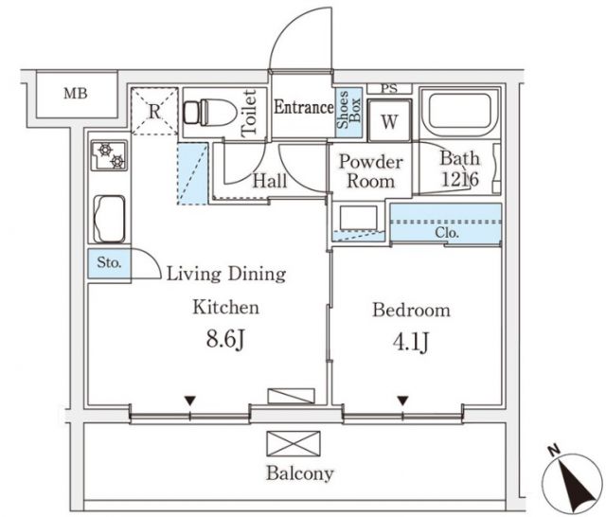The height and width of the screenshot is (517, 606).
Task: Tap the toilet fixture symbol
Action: click(207, 113)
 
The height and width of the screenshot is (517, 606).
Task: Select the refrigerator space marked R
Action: click(153, 111)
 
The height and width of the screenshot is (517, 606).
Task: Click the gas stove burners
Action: click(107, 154)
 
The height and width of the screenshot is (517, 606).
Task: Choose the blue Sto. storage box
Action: click(108, 264)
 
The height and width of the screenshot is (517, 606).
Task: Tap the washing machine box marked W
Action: click(388, 122)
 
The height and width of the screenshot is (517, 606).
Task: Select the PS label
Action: click(388, 89)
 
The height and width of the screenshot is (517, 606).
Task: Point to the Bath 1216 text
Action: click(459, 169)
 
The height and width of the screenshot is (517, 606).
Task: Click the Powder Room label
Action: click(371, 171)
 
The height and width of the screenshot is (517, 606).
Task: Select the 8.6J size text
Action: click(226, 338)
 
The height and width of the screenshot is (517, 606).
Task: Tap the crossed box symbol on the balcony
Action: click(294, 442)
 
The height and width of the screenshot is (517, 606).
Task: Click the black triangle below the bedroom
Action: click(403, 401)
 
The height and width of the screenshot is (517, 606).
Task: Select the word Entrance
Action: click(303, 108)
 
